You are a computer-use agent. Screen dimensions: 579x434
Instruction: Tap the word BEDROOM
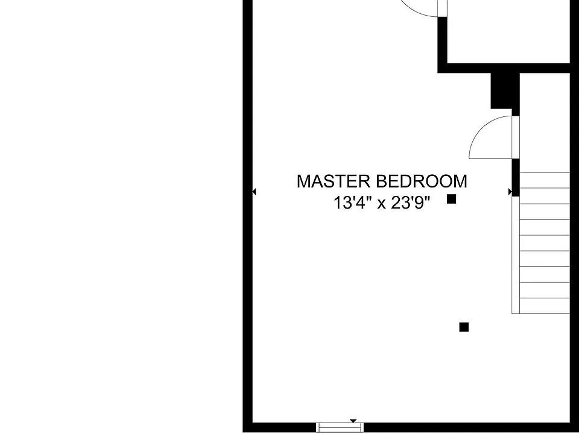click(x=422, y=181)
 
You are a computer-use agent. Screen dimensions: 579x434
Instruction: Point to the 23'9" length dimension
click(x=411, y=203)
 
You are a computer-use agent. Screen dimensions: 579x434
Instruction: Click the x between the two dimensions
click(x=381, y=204)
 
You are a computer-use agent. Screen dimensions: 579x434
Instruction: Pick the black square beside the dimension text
click(x=452, y=200)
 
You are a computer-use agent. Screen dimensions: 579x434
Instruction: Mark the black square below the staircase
click(x=464, y=327)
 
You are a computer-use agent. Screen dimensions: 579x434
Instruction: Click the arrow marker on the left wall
click(x=254, y=192)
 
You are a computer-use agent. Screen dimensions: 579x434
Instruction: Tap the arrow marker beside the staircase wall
click(x=510, y=192)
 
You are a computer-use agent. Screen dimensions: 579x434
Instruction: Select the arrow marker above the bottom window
click(x=353, y=421)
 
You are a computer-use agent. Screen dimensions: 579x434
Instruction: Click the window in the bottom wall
click(x=340, y=428)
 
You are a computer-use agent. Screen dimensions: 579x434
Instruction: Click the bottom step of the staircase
click(x=545, y=306)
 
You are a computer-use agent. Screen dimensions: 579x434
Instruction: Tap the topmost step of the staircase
click(x=545, y=180)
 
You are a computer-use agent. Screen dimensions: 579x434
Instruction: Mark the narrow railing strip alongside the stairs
click(x=516, y=255)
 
